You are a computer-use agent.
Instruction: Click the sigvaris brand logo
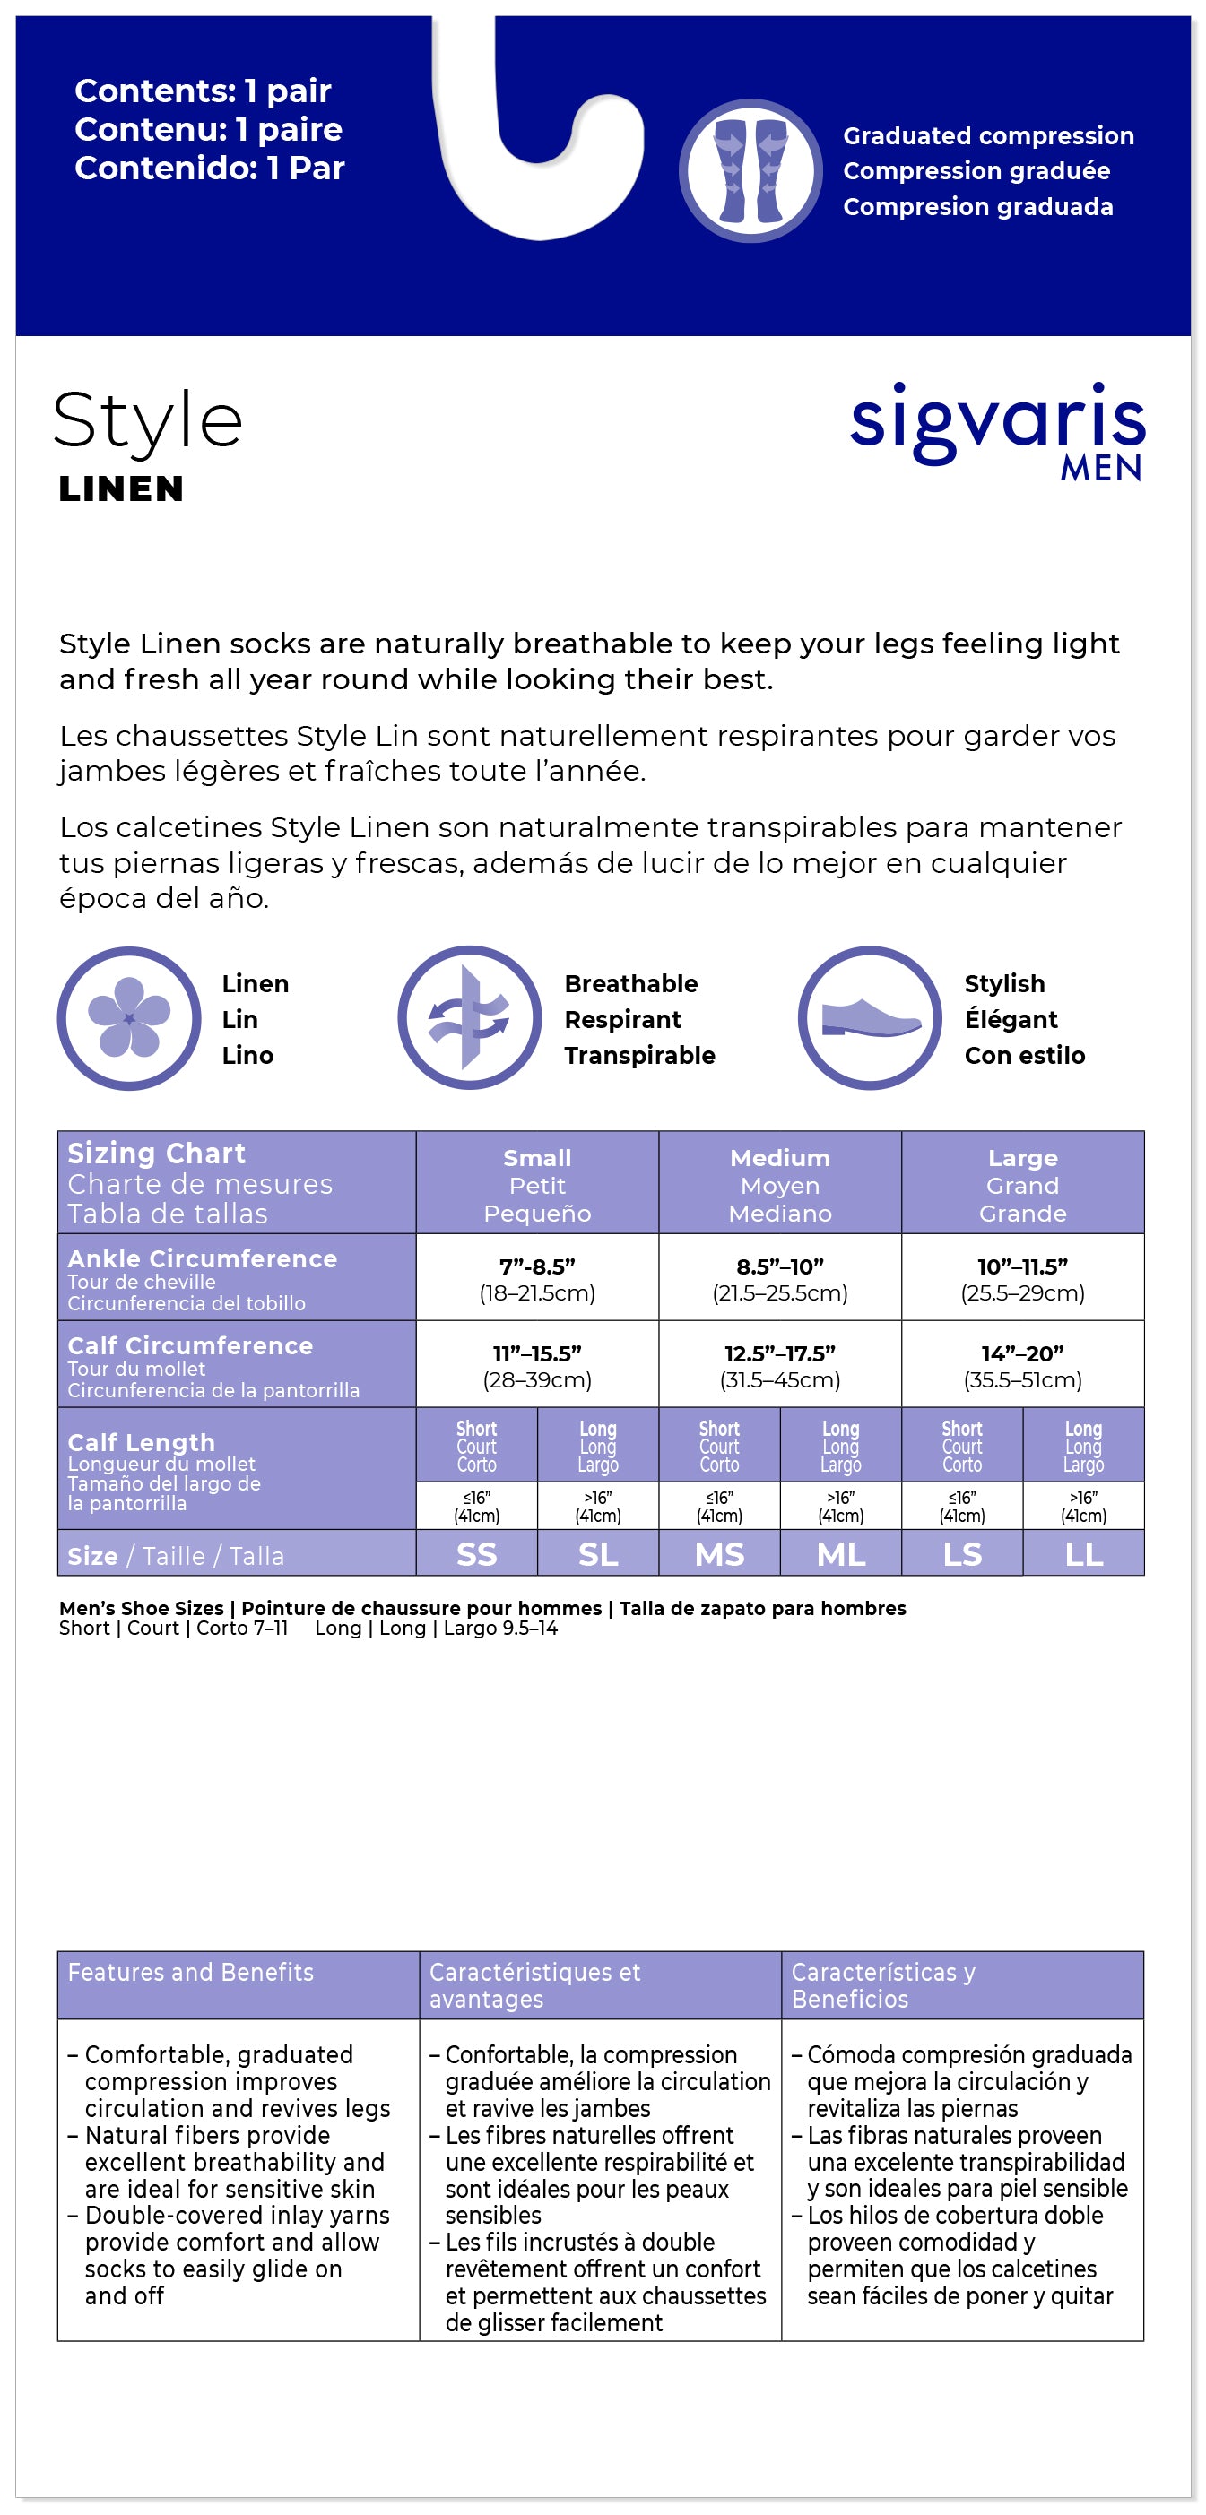coord(996,422)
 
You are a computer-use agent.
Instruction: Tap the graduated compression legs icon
coord(750,171)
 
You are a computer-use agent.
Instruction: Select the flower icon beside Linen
coord(129,1017)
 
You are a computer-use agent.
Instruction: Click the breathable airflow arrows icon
coord(469,1017)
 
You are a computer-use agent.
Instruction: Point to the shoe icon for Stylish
coord(869,1017)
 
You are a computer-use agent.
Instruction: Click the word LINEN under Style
coord(121,489)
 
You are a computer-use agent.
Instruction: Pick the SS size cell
coord(476,1553)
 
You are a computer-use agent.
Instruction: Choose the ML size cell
coord(841,1553)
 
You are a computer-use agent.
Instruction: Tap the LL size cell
coord(1084,1553)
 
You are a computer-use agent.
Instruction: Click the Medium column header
coord(779,1184)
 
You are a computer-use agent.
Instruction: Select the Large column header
coord(1022,1184)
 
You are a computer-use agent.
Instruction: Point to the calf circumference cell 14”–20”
coord(1022,1365)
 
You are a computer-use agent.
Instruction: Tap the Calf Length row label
coord(141,1442)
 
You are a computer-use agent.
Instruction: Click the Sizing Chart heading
coord(156,1153)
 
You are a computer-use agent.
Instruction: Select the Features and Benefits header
coord(190,1972)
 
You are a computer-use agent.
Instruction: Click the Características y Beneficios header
coord(883,1985)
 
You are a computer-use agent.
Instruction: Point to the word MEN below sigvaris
coord(1100,469)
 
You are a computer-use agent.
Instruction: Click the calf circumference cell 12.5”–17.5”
coord(779,1365)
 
